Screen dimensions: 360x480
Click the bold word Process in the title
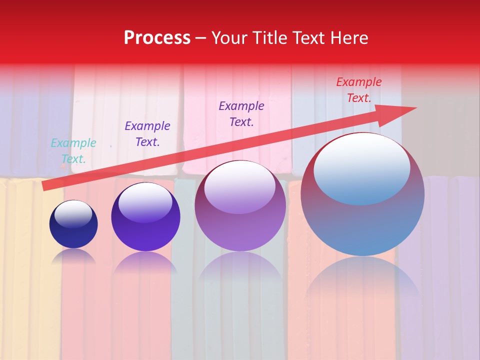[x=157, y=37]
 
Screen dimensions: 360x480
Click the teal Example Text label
[x=73, y=151]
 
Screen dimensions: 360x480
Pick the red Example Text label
[x=358, y=90]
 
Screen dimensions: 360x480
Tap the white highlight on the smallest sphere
[x=73, y=213]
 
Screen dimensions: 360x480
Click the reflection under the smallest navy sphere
[x=73, y=256]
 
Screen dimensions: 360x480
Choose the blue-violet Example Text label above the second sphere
[x=147, y=134]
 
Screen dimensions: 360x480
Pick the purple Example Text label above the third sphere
[x=241, y=113]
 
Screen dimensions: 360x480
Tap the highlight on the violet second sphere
[x=145, y=201]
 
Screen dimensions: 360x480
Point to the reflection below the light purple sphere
[x=240, y=270]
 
